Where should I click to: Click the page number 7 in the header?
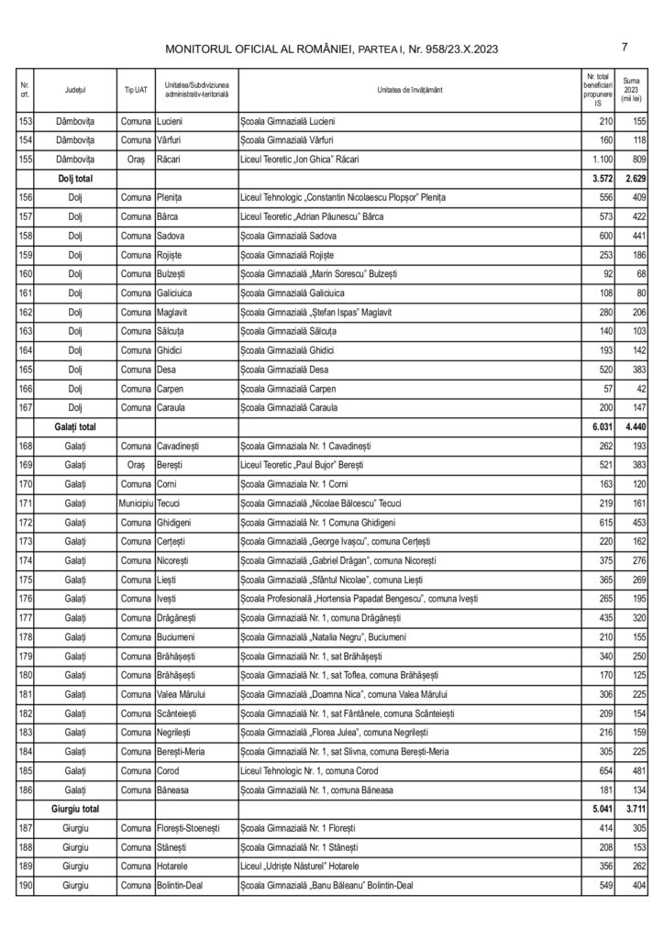624,48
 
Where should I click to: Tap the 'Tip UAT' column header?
135,90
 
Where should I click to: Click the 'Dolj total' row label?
76,178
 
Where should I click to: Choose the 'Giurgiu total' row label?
82,810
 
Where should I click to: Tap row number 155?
26,159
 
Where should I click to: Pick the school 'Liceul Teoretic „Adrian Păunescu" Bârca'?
311,215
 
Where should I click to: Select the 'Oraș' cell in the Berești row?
135,465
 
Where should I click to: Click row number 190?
26,886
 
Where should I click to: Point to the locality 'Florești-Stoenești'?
194,828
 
